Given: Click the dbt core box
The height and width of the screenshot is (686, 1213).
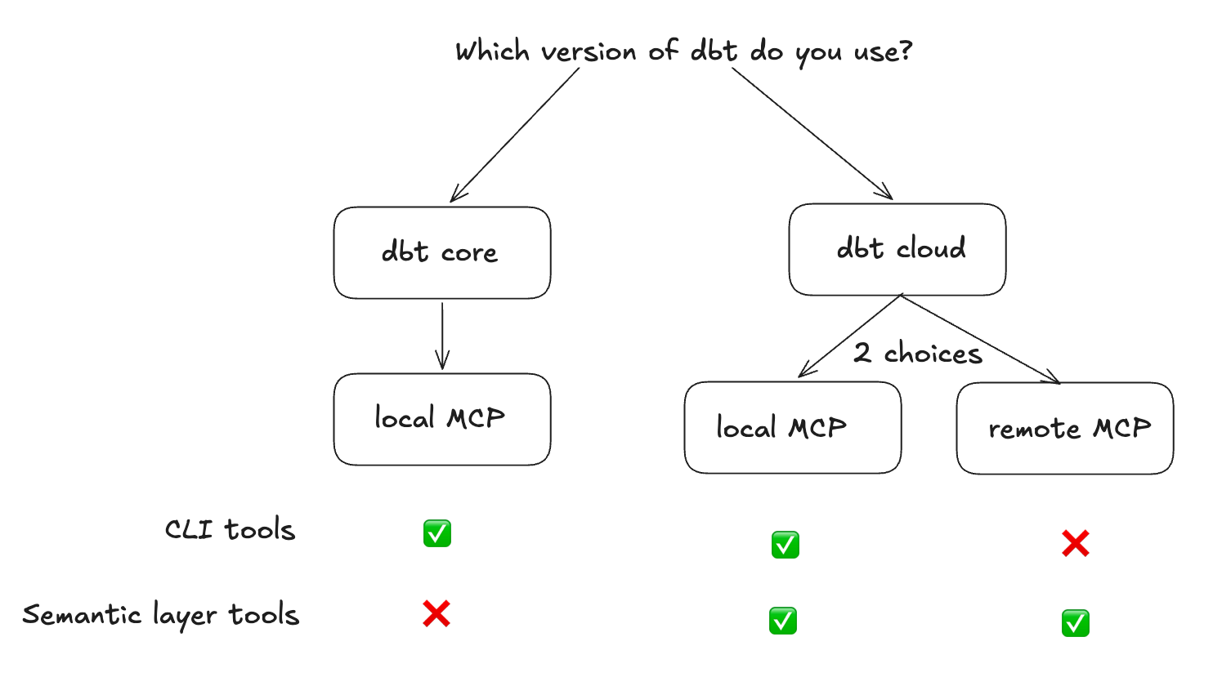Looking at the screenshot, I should (441, 252).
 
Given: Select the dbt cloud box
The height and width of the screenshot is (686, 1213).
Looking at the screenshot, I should (897, 249).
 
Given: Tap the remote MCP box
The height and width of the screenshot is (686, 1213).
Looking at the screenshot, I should (1064, 428).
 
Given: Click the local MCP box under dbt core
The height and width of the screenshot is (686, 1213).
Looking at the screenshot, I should (441, 419).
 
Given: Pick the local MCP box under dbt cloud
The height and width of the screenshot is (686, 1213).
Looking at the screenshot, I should (792, 427).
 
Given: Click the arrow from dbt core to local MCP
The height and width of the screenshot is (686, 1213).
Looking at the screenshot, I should (442, 335).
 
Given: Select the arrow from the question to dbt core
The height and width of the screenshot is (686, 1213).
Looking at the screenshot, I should (515, 135).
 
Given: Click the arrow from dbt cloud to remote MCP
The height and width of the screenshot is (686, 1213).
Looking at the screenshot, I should (981, 339).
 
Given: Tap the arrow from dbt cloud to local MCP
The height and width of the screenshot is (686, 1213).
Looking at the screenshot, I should (850, 336).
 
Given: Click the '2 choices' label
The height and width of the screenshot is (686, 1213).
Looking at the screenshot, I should (917, 354).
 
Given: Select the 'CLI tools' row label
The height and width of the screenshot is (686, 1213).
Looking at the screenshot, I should (230, 529).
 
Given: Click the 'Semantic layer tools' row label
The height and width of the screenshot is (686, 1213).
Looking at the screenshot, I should (161, 615).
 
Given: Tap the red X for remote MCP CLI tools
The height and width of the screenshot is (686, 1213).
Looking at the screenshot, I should (1075, 543).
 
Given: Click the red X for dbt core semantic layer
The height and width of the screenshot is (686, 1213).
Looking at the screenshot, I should (436, 613).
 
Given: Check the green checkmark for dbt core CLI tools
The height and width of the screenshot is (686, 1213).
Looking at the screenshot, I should (437, 533).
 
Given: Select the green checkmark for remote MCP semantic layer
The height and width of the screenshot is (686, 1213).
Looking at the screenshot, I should (1075, 623).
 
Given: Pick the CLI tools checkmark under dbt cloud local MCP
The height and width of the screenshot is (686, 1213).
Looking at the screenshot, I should (785, 545).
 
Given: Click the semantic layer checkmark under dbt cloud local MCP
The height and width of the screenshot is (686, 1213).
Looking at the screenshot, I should (783, 621).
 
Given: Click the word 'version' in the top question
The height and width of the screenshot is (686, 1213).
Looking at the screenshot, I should (589, 52).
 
